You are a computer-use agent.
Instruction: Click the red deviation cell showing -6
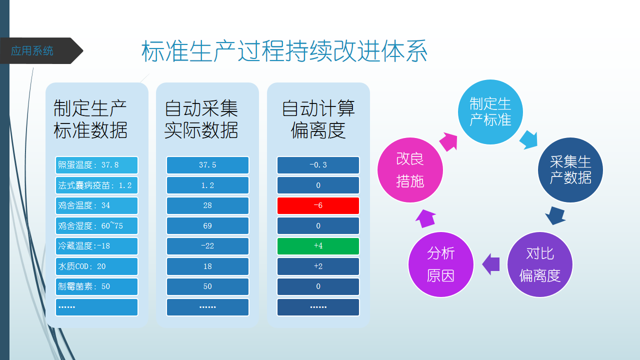pos(318,205)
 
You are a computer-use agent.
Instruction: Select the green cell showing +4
pos(318,246)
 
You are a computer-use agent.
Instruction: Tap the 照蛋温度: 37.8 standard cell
pos(96,165)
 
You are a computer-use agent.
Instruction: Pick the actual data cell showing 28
pos(207,205)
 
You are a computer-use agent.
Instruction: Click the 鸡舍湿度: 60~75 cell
pos(96,225)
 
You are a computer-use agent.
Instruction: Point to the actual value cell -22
pos(207,246)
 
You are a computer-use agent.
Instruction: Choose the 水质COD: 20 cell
pos(96,266)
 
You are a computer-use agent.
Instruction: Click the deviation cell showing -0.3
pos(318,165)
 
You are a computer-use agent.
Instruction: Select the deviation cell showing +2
pos(318,266)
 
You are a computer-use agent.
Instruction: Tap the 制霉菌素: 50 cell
pos(96,286)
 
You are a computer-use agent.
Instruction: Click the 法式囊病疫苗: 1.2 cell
pos(96,185)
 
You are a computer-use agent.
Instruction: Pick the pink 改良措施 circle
pos(410,170)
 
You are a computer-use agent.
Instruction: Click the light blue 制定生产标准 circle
pos(490,112)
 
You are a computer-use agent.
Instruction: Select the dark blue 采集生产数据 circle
pos(570,170)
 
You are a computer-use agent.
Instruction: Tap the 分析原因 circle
pos(441,264)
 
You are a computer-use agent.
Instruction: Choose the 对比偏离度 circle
pos(540,264)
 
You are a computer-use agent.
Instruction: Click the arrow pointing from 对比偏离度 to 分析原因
pos(490,264)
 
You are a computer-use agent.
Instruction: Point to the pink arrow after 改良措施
pos(449,141)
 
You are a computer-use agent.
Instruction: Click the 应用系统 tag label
pos(32,51)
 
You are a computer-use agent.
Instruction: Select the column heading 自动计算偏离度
pos(318,119)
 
